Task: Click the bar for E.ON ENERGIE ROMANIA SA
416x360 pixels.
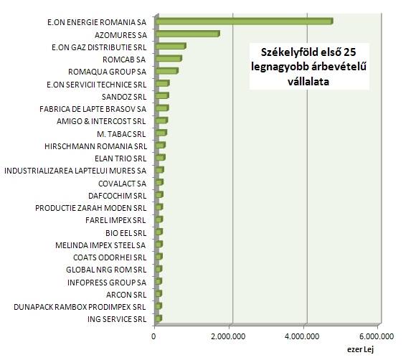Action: [x=244, y=22]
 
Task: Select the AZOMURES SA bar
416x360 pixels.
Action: [x=187, y=34]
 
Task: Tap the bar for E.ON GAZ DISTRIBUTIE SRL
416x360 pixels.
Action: [x=170, y=47]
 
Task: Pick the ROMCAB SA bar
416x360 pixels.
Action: [x=168, y=59]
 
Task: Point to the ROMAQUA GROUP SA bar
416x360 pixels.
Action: [x=166, y=72]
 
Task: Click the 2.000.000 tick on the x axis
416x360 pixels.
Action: [x=229, y=334]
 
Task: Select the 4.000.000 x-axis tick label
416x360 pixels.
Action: [x=303, y=334]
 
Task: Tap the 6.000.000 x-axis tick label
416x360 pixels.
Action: [x=377, y=334]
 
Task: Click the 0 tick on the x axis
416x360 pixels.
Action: [x=154, y=334]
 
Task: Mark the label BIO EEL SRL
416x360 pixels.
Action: [x=126, y=232]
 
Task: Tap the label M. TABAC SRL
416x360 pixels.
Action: [x=121, y=133]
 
